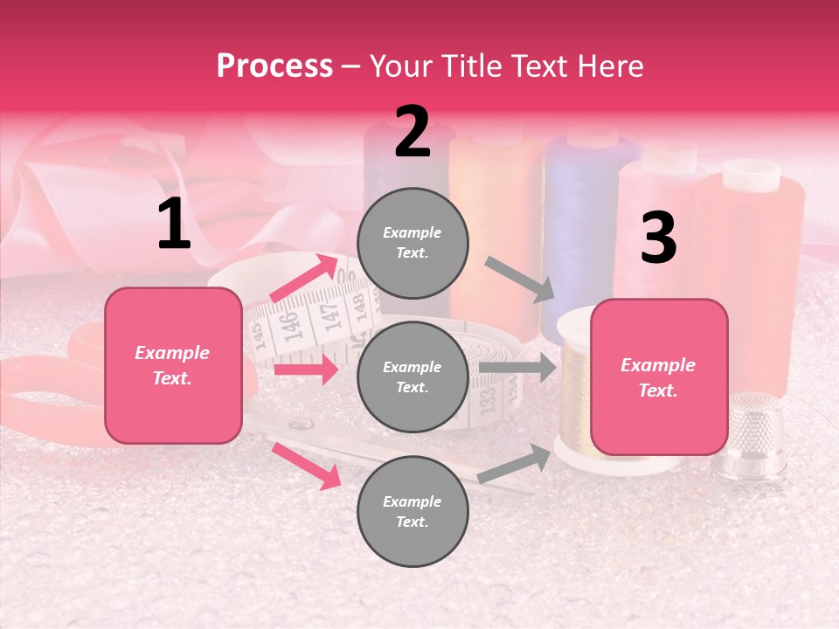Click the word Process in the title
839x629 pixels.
click(274, 66)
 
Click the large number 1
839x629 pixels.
click(174, 225)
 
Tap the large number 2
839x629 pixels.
click(413, 132)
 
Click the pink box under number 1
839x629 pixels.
click(173, 365)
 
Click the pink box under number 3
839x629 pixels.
click(658, 377)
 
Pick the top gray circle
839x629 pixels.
click(413, 243)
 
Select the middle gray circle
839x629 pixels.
click(413, 377)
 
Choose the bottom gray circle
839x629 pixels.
click(413, 511)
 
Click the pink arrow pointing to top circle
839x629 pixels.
click(305, 279)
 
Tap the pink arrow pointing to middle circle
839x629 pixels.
click(306, 370)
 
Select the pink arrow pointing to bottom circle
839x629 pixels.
click(307, 465)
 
